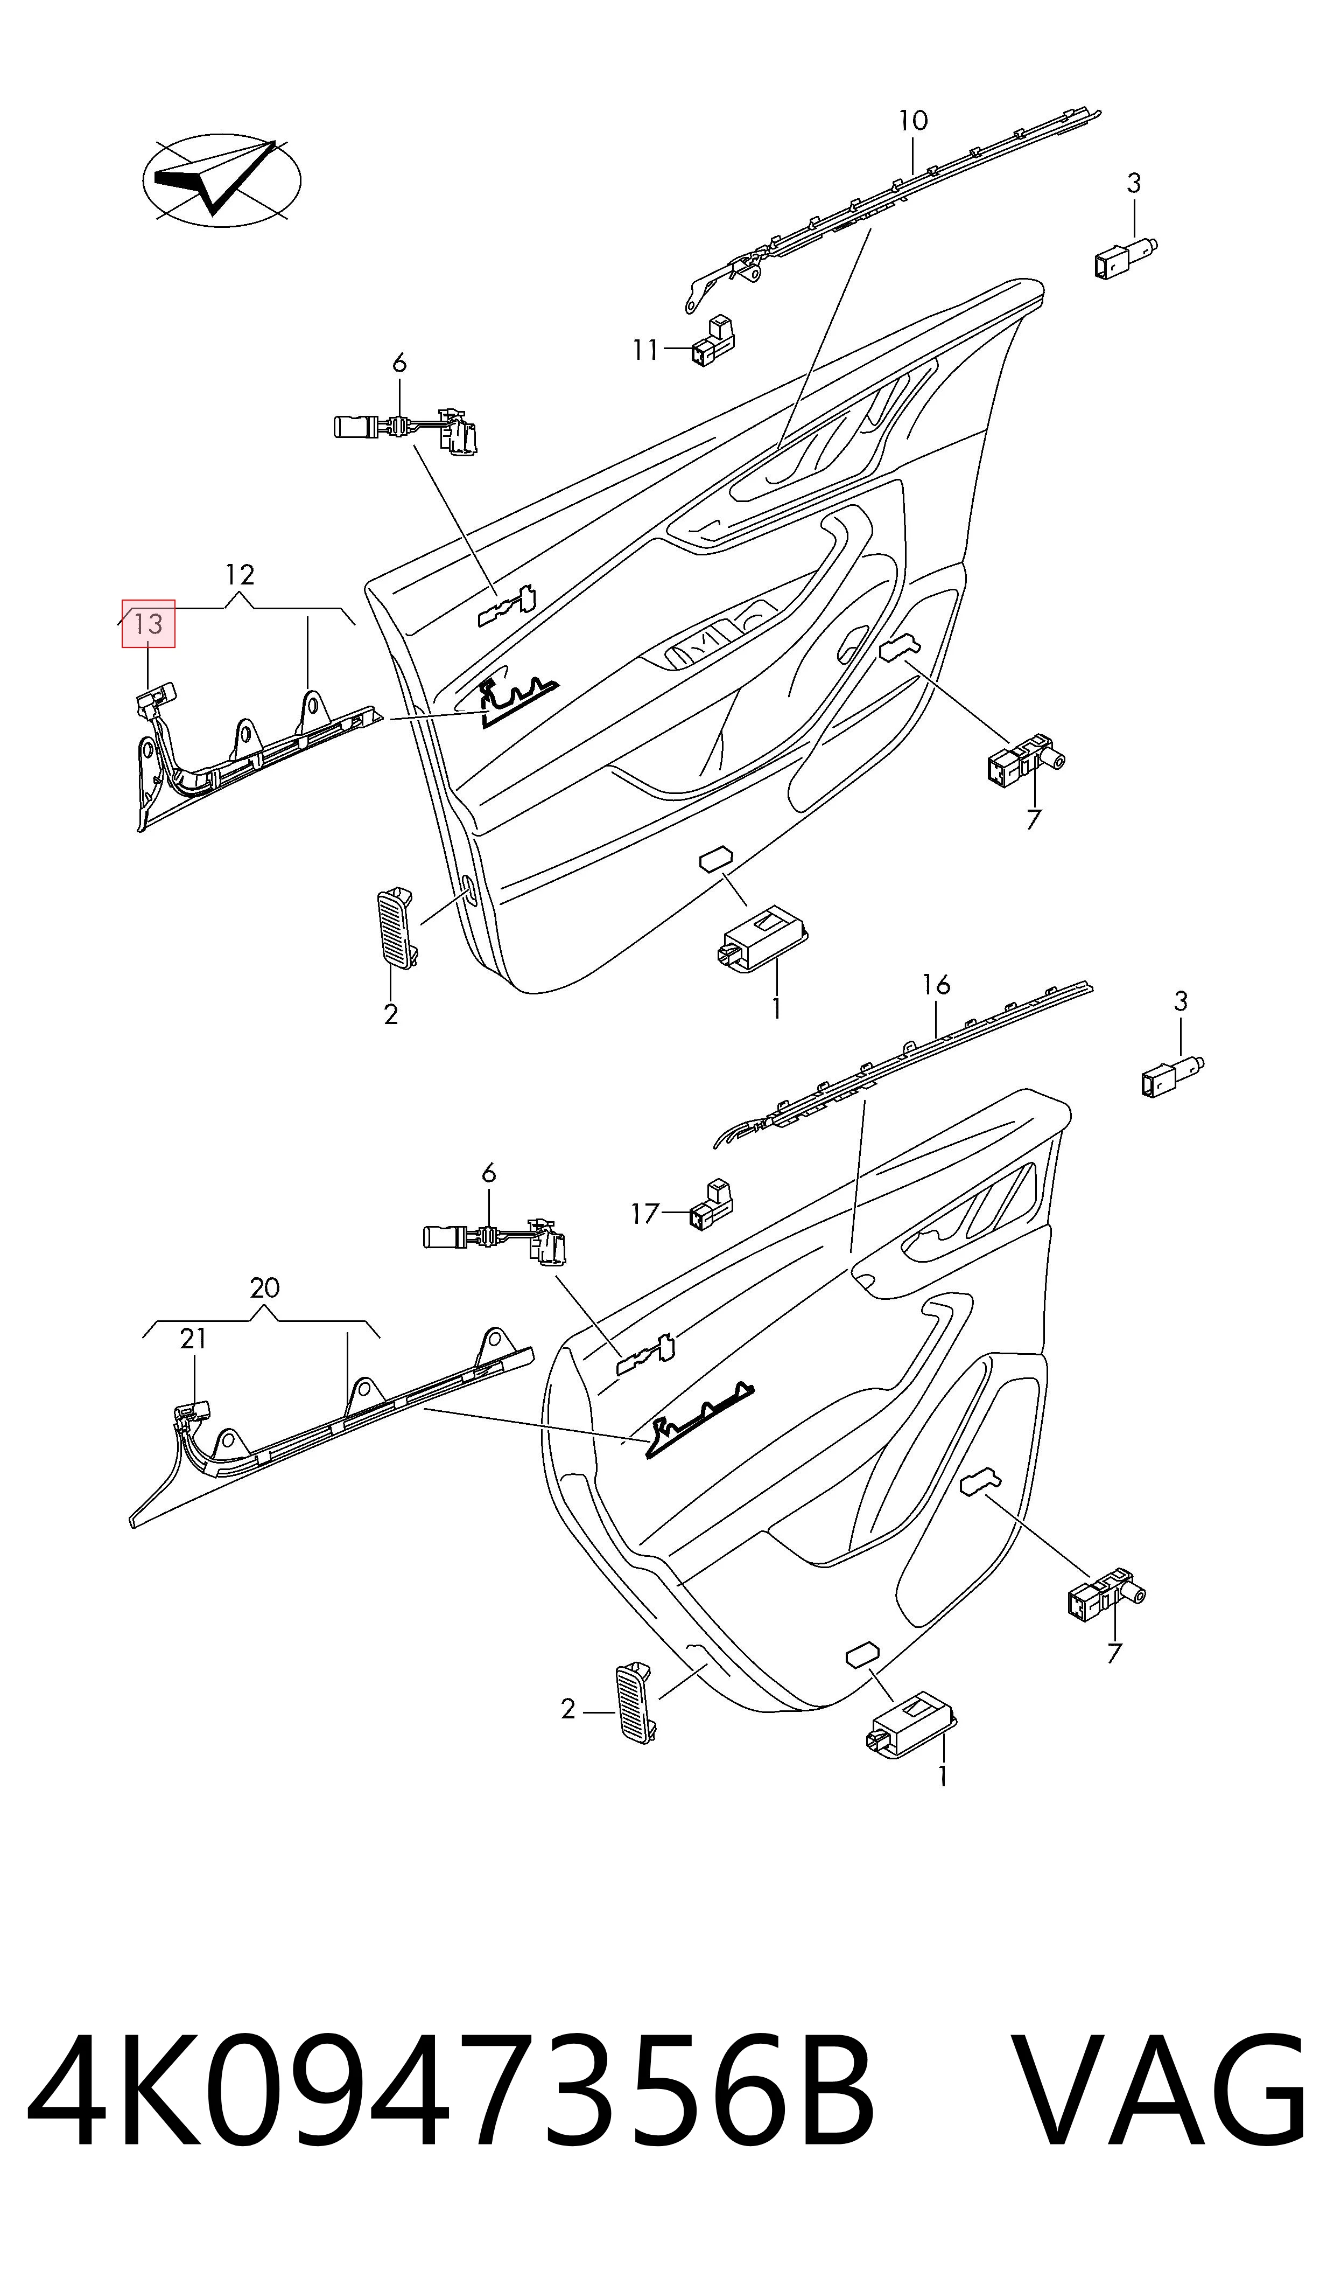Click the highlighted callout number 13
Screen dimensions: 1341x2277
pyautogui.click(x=148, y=624)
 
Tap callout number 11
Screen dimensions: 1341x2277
pyautogui.click(x=645, y=349)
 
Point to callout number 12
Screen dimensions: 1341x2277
pyautogui.click(x=240, y=575)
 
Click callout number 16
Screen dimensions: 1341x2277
pyautogui.click(x=936, y=985)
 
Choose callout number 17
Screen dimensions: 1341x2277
pyautogui.click(x=645, y=1213)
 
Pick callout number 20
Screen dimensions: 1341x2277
pyautogui.click(x=265, y=1288)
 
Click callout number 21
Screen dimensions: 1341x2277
pyautogui.click(x=193, y=1339)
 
